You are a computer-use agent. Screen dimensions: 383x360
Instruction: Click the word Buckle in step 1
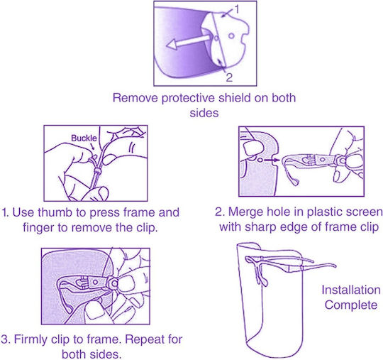point(84,138)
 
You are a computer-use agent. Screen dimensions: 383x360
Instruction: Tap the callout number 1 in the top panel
point(236,9)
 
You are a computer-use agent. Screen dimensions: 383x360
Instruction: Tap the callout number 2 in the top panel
point(229,77)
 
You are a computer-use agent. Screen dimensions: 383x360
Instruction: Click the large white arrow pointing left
point(189,42)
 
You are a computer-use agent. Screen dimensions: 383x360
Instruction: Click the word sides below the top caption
point(204,113)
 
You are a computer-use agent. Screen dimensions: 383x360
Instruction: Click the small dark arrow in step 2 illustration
point(272,160)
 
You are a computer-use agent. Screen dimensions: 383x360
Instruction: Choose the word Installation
point(351,290)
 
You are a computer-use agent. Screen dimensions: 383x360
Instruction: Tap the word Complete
point(351,305)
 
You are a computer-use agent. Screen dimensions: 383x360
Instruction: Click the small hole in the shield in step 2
point(260,160)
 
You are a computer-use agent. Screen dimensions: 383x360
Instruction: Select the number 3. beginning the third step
point(6,339)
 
